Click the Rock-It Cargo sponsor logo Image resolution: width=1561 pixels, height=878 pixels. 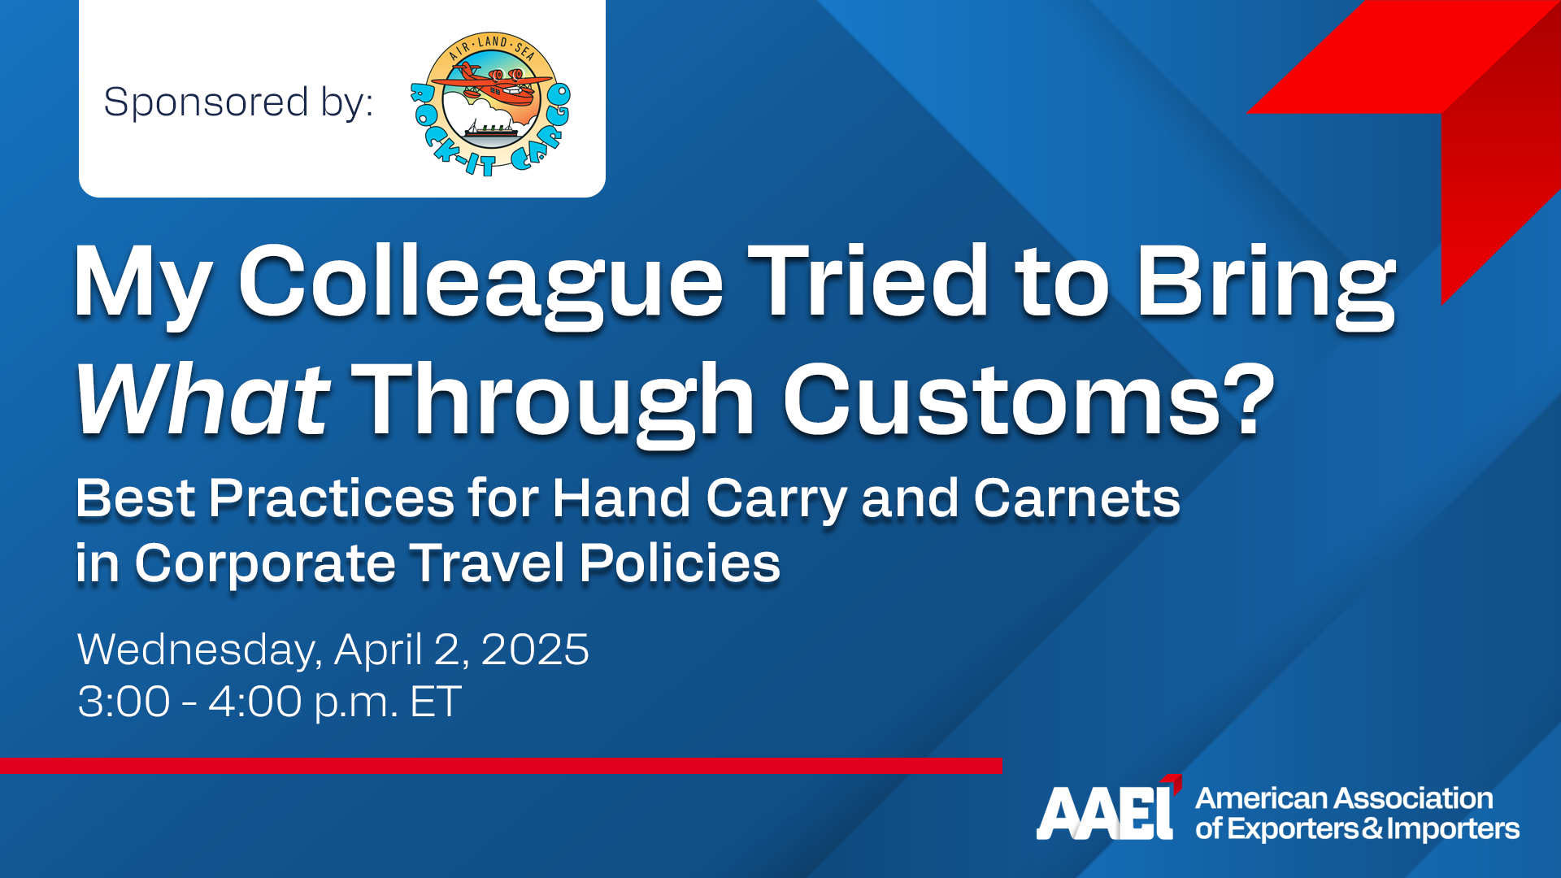490,104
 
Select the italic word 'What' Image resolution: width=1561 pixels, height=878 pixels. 202,400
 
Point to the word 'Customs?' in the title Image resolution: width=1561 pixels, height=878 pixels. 1028,400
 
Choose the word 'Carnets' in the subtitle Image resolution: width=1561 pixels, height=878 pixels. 1076,498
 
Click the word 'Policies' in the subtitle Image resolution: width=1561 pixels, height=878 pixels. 680,563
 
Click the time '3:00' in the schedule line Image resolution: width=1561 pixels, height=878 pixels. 124,702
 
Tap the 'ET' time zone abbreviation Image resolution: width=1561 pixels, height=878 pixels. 436,702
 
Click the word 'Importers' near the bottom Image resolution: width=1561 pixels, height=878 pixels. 1454,829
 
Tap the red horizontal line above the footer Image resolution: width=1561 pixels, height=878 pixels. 501,765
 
